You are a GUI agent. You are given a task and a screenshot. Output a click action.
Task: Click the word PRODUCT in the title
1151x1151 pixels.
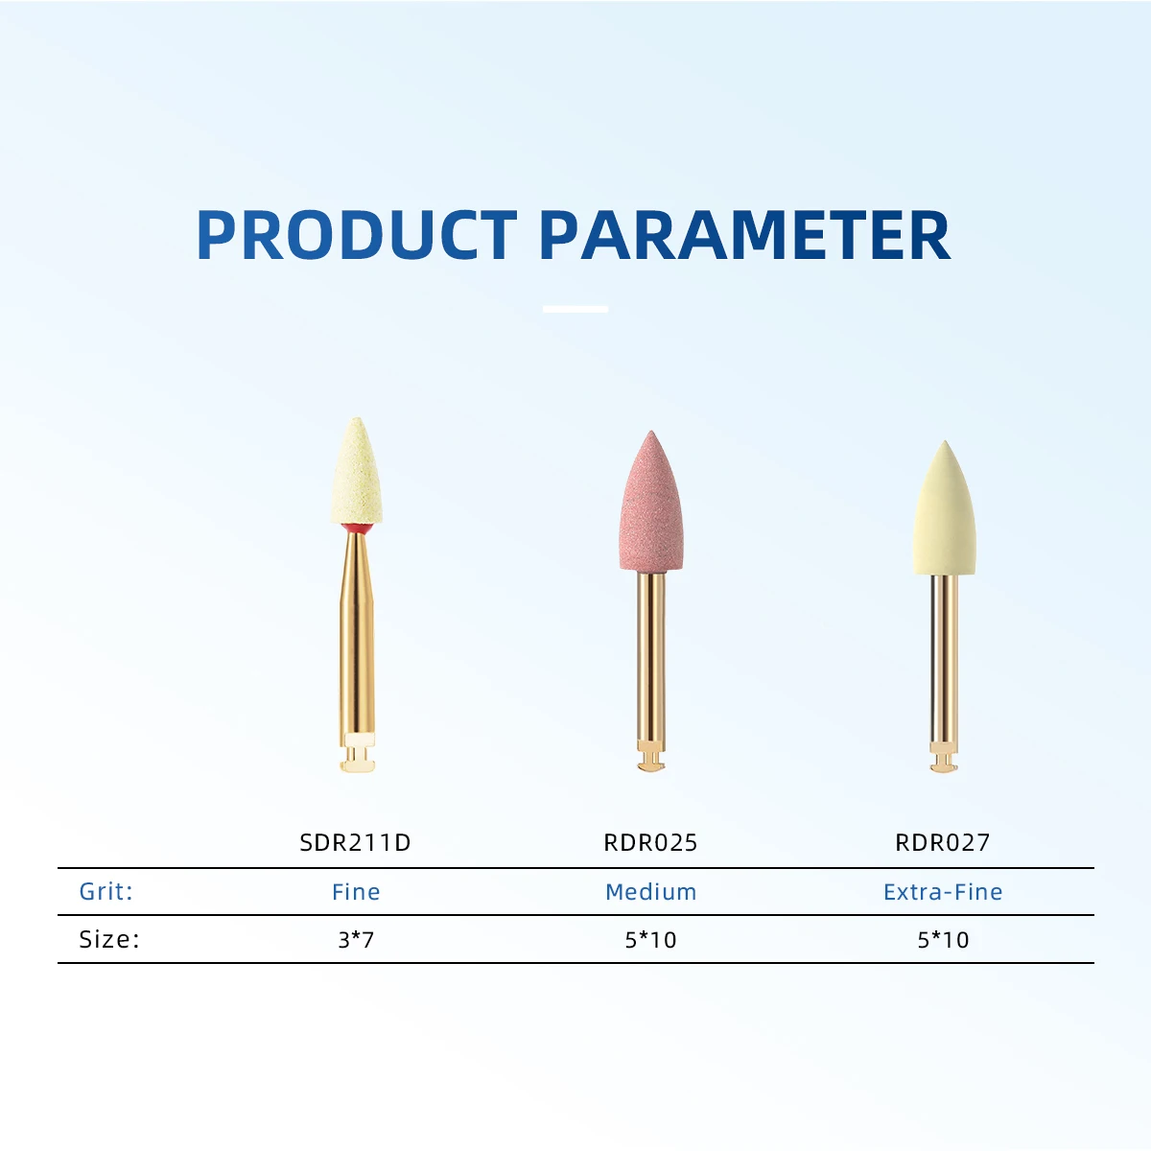coord(357,235)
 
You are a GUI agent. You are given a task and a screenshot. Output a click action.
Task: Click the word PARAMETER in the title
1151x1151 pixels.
coord(745,235)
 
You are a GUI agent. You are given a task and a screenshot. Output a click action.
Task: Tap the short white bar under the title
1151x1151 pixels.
coord(575,309)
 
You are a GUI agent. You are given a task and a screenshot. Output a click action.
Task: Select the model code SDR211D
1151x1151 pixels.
coord(355,842)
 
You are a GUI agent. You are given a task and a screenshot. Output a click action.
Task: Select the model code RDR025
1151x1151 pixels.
coord(650,842)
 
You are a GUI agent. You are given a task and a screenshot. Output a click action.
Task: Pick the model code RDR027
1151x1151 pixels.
coord(943,842)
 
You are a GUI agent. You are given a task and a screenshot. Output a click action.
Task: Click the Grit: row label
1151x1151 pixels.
coord(106,891)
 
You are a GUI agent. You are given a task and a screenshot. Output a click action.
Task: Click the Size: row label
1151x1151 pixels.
coord(109,939)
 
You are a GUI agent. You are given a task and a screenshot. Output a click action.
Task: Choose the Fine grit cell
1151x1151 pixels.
coord(356,892)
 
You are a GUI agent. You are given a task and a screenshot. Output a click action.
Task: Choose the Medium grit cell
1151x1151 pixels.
coord(650,892)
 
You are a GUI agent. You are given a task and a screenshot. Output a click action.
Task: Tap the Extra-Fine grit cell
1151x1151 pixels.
coord(943,892)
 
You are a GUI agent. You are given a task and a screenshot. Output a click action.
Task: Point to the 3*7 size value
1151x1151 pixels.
coord(356,940)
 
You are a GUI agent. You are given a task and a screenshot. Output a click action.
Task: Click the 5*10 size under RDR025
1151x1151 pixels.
coord(650,940)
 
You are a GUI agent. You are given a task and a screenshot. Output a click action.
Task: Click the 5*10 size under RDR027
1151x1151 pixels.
coord(943,940)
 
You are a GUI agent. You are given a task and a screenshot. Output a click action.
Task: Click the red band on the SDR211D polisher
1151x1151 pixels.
coord(357,529)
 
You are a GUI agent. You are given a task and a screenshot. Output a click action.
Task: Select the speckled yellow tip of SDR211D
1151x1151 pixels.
coord(357,472)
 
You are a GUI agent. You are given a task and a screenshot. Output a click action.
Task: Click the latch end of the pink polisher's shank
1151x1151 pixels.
coord(650,756)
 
